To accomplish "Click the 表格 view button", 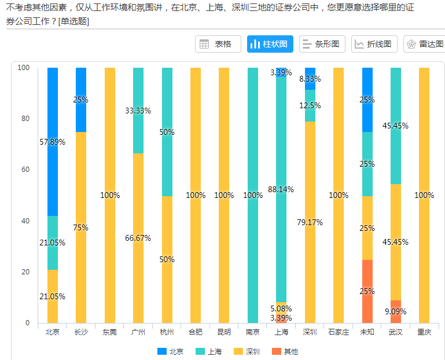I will (218, 44).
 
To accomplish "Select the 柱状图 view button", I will (270, 44).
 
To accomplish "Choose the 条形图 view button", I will (322, 44).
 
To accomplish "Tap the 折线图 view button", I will (374, 44).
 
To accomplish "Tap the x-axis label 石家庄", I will (338, 332).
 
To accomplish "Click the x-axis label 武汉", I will (396, 332).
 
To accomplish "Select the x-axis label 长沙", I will (81, 332).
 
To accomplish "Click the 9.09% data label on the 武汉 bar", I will (396, 311).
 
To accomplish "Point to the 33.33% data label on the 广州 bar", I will (138, 111).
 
